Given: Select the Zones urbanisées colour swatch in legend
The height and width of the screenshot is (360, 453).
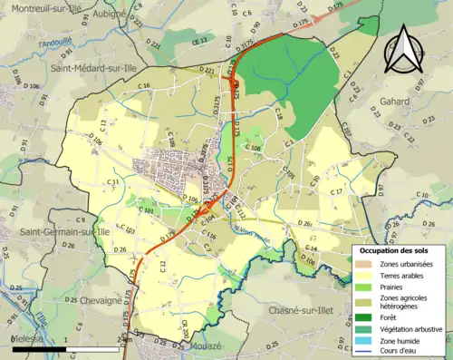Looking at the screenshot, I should pyautogui.click(x=367, y=263).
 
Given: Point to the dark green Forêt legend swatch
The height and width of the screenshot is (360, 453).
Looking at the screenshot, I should pyautogui.click(x=367, y=316).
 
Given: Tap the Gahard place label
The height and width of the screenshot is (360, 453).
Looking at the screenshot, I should pyautogui.click(x=421, y=102).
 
